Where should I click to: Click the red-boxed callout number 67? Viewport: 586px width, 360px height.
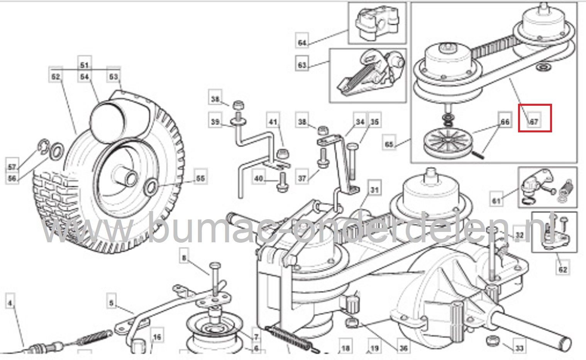[534, 122]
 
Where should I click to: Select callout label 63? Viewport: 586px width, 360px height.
[302, 64]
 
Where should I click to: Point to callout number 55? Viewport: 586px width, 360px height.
[200, 178]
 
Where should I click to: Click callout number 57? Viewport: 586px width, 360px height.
[12, 167]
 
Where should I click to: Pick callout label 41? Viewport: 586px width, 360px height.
[273, 122]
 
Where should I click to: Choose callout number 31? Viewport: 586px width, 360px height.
[374, 189]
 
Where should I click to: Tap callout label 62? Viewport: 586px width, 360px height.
[562, 269]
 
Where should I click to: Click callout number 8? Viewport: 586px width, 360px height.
[184, 258]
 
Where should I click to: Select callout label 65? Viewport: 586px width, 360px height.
[389, 144]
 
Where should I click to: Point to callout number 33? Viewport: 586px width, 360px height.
[519, 348]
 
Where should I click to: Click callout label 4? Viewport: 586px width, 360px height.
[10, 303]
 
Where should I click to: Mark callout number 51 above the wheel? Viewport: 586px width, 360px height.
[85, 64]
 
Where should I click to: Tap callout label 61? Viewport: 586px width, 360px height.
[496, 200]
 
